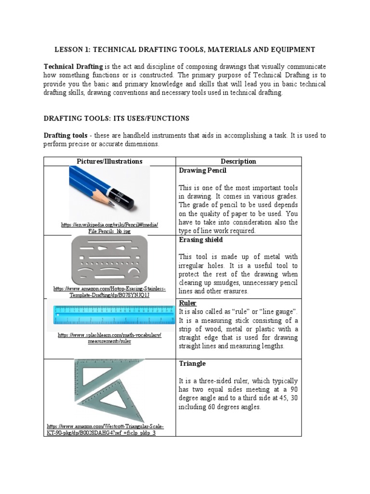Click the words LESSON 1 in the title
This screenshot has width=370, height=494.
coord(71,50)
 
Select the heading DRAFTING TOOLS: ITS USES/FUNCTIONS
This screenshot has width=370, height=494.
coord(116,118)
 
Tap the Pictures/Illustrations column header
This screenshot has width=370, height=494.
coord(109,162)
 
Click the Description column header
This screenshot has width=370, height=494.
coord(238,162)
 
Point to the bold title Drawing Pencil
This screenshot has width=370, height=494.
coord(202,171)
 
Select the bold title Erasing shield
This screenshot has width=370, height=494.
coord(201,240)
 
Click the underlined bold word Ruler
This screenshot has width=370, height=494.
coord(187,303)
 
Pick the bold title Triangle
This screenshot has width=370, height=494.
coord(192,363)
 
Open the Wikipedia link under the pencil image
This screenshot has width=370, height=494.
coord(109,228)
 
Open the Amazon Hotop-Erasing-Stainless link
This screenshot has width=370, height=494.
coord(109,292)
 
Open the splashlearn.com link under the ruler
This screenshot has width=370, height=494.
coord(109,338)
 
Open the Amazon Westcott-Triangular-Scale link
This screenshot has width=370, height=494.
coord(105,430)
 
